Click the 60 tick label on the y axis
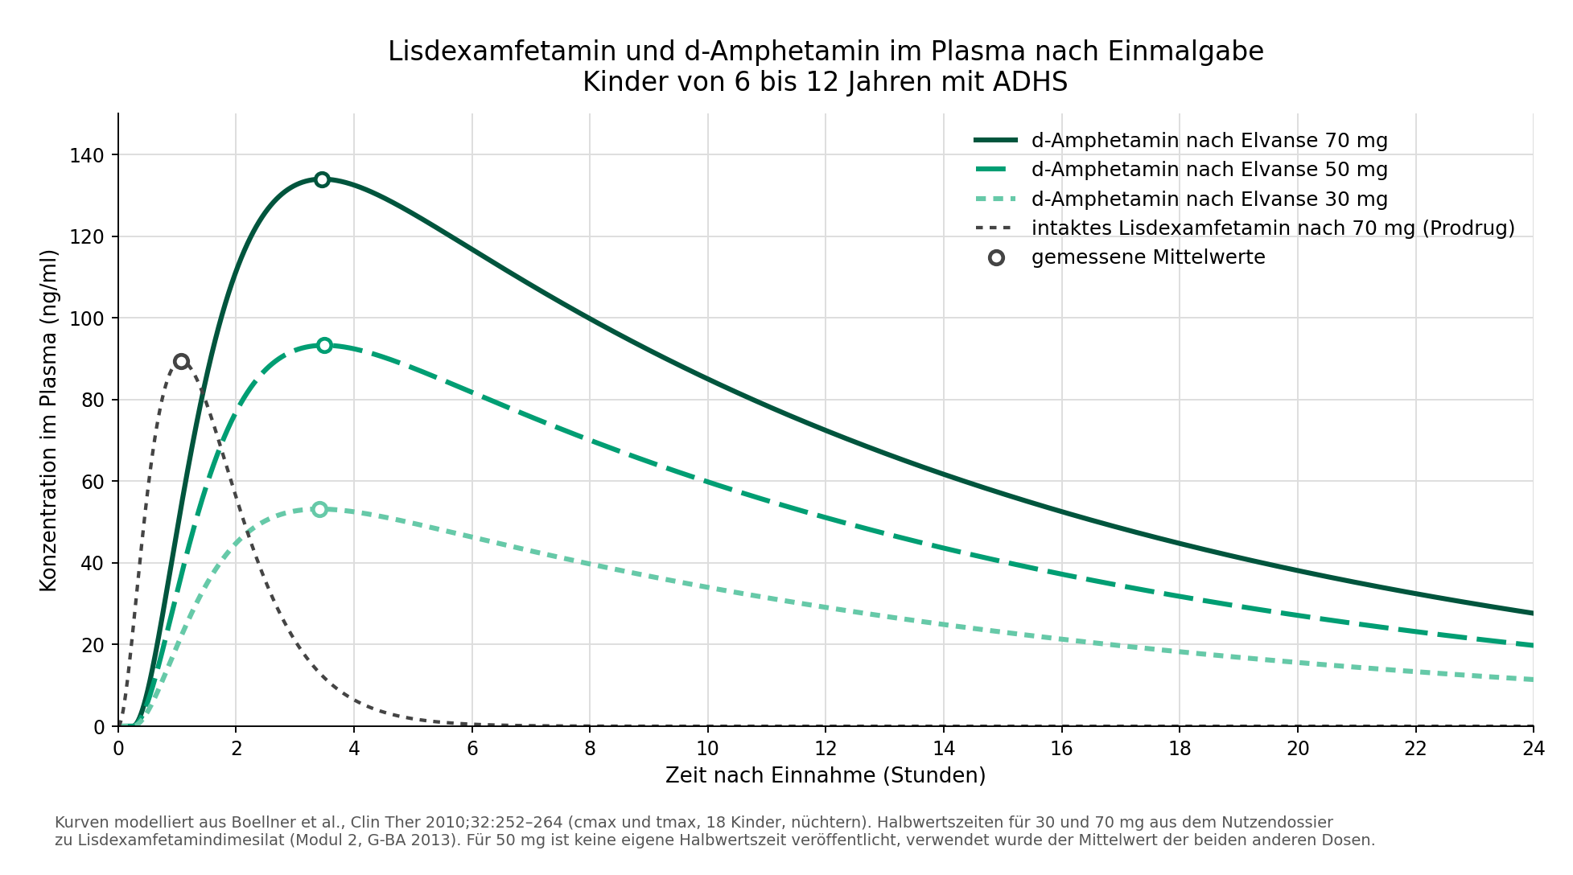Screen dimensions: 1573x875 (x=93, y=482)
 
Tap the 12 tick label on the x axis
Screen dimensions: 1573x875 (x=826, y=749)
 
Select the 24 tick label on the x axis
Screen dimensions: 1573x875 (x=1534, y=749)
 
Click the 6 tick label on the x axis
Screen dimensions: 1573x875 (x=472, y=749)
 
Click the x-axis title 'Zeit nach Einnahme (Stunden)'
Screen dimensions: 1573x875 (x=826, y=775)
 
